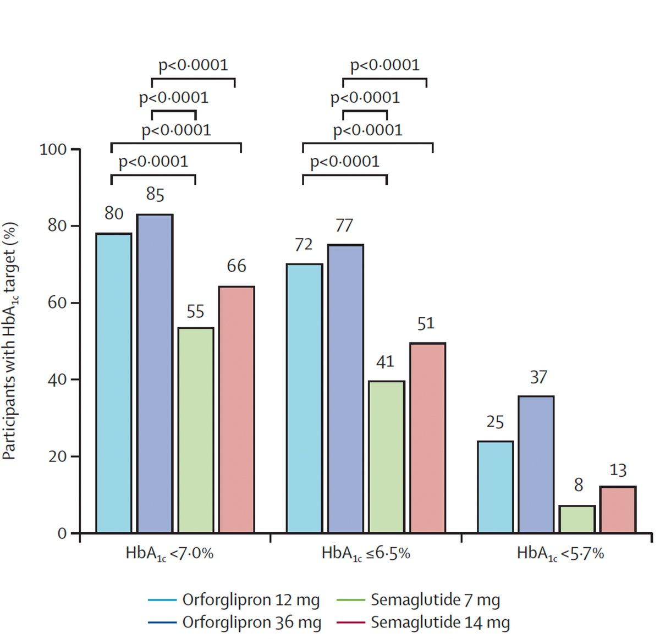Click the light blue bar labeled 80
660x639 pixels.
(114, 383)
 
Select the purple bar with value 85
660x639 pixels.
(155, 373)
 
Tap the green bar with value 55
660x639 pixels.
(196, 430)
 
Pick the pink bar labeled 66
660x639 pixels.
(237, 409)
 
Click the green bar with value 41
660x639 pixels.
(387, 456)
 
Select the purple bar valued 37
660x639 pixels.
(536, 464)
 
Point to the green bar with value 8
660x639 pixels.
(577, 519)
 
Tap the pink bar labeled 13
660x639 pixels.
(618, 509)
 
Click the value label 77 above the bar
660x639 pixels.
(344, 226)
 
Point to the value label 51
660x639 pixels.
(426, 323)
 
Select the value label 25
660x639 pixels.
(495, 422)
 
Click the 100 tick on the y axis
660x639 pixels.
(53, 150)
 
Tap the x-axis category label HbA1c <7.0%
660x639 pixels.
(169, 553)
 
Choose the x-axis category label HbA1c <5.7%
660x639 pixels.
(560, 553)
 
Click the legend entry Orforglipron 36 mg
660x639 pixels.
(251, 623)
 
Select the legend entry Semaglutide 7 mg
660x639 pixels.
(435, 599)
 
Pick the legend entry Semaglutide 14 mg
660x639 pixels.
(440, 623)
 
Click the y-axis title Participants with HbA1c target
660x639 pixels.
(11, 341)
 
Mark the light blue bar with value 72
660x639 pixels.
(304, 398)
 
